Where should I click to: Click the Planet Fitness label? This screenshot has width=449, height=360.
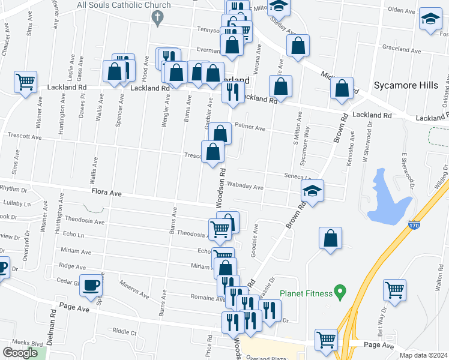[306, 293]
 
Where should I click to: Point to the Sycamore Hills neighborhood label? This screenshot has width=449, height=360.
[406, 85]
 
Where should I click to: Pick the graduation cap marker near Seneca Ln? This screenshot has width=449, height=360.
[312, 190]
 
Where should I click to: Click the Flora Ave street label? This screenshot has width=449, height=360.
[106, 193]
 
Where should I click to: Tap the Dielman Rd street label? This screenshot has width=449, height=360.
[53, 322]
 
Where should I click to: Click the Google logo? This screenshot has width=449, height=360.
[20, 353]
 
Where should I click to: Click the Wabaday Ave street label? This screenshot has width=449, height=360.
[247, 187]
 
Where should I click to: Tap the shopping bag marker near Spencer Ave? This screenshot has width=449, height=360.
[114, 71]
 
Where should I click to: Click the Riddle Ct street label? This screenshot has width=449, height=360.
[124, 331]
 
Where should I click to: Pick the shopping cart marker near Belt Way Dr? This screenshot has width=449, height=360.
[394, 290]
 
